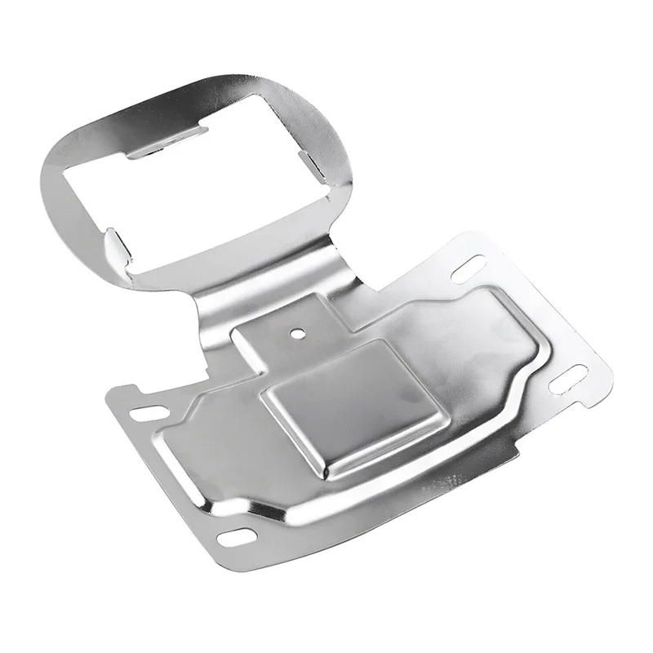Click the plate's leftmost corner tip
(x=110, y=393)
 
